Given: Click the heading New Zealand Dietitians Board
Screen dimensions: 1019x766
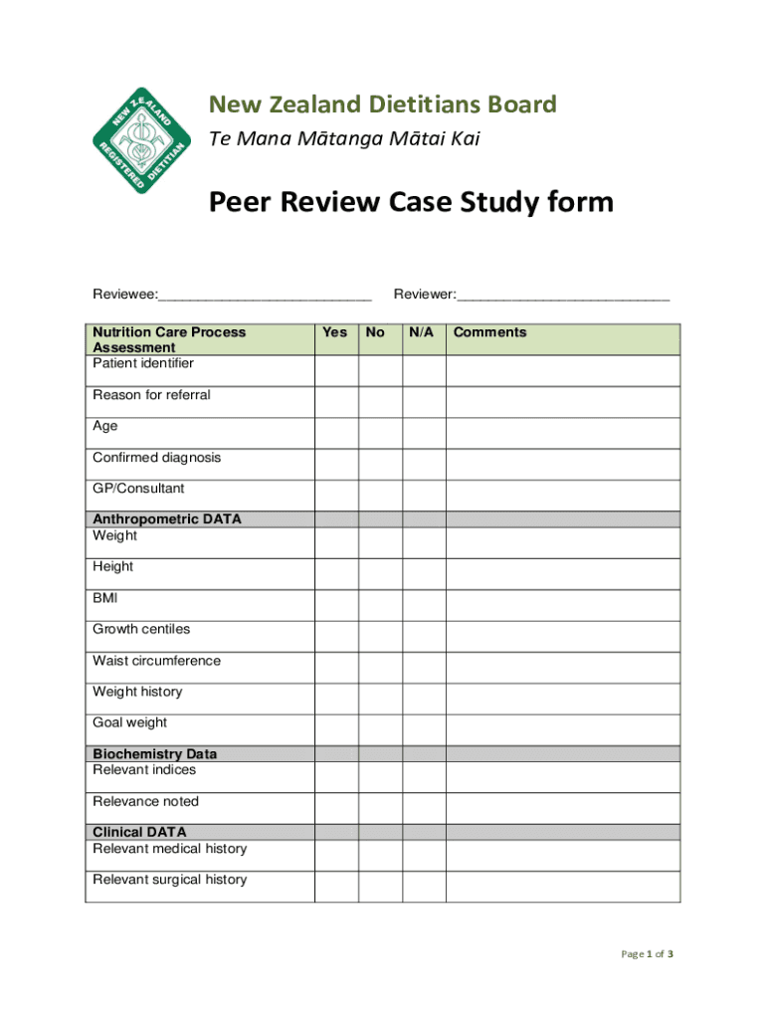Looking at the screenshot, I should pos(382,104).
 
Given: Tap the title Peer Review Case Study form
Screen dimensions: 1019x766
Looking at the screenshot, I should pos(410,203).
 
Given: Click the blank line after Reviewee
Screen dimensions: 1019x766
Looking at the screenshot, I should pos(265,296).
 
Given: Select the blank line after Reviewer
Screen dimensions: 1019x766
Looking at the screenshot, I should pos(563,296).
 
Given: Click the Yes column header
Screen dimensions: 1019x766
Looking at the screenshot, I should pos(336,332).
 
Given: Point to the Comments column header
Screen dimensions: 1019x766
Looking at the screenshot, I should pos(489,332).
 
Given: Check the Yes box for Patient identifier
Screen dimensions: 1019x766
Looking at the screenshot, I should pos(336,370).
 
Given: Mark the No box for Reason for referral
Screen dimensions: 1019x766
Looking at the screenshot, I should pos(380,402).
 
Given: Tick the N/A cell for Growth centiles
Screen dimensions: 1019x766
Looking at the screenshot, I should pos(424,636).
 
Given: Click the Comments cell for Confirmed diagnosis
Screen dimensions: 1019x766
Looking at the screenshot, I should pos(563,464).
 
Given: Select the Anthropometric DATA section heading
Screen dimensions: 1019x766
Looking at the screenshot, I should pos(167,519).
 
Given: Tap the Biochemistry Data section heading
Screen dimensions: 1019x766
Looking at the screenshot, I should pos(154,754).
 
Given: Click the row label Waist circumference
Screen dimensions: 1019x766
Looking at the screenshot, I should pos(156,661).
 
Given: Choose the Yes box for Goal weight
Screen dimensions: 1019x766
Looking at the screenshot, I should pos(336,729).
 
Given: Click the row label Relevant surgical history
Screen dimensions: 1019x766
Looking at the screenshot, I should pos(169,880).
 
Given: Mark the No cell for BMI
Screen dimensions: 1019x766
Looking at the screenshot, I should pos(380,605).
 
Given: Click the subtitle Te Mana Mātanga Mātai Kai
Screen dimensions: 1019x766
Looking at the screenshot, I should pos(344,139).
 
